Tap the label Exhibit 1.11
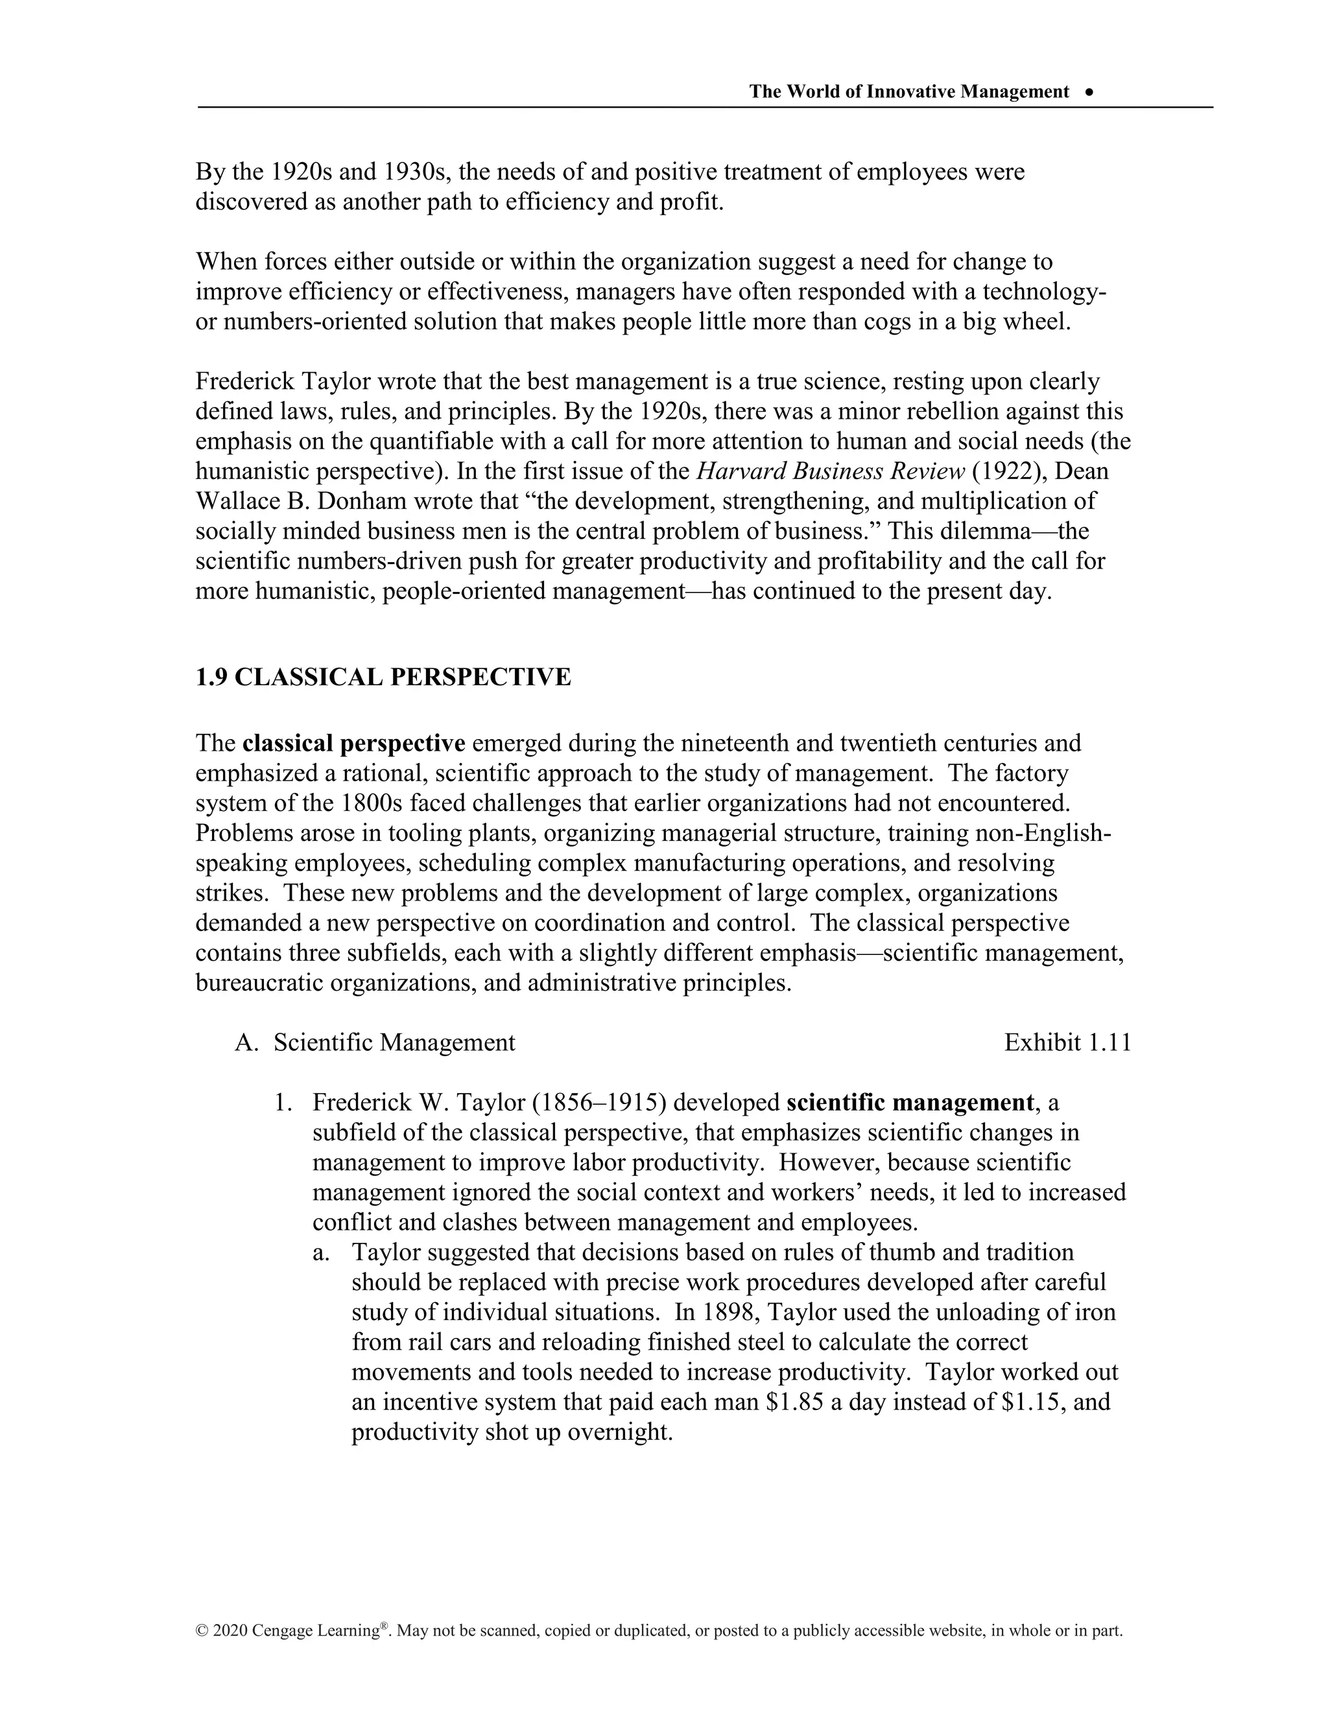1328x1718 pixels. click(x=1067, y=1043)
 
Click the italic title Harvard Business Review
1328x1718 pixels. click(x=831, y=471)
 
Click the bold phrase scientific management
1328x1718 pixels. click(x=910, y=1103)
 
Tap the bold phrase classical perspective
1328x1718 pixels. click(x=354, y=744)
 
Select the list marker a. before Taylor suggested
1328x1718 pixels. click(x=320, y=1253)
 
